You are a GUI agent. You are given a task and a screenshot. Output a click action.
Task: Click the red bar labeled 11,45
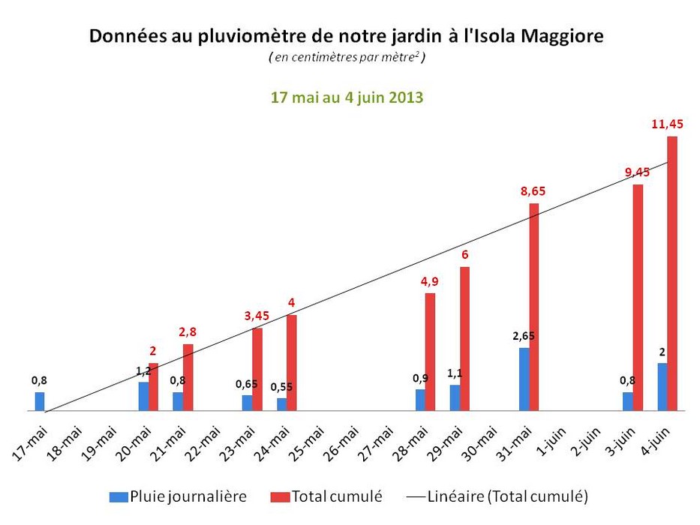(672, 274)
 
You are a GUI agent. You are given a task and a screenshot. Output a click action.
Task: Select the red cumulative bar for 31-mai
(534, 307)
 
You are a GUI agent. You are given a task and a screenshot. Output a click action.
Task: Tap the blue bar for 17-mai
(40, 401)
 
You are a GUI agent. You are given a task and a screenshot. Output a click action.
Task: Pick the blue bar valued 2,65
(524, 379)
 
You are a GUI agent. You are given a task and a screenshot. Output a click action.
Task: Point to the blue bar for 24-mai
(281, 404)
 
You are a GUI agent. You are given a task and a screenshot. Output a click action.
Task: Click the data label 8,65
(533, 191)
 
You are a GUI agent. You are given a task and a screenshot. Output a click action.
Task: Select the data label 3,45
(256, 316)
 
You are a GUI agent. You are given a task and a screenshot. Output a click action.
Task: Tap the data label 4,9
(429, 281)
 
